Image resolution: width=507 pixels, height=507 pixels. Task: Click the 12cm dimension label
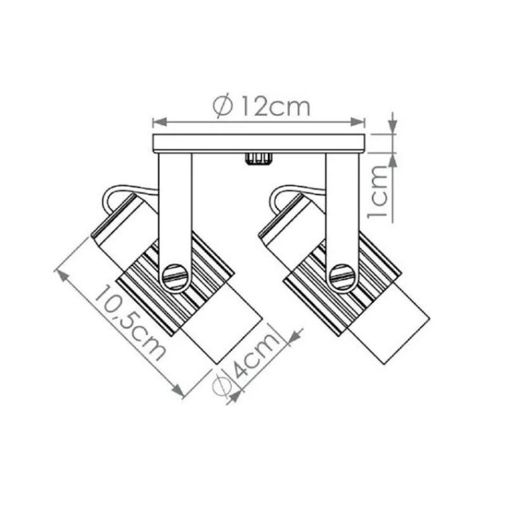click(x=276, y=106)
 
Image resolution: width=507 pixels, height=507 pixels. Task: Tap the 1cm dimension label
click(x=378, y=193)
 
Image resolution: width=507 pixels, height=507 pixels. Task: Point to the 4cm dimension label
click(x=256, y=355)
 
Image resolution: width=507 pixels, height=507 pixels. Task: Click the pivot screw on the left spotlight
click(x=176, y=278)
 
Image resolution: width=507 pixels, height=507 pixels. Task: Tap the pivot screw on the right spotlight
click(x=342, y=278)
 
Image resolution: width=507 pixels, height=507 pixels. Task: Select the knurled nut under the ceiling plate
click(x=258, y=159)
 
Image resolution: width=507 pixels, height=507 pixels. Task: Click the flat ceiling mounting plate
click(x=259, y=143)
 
